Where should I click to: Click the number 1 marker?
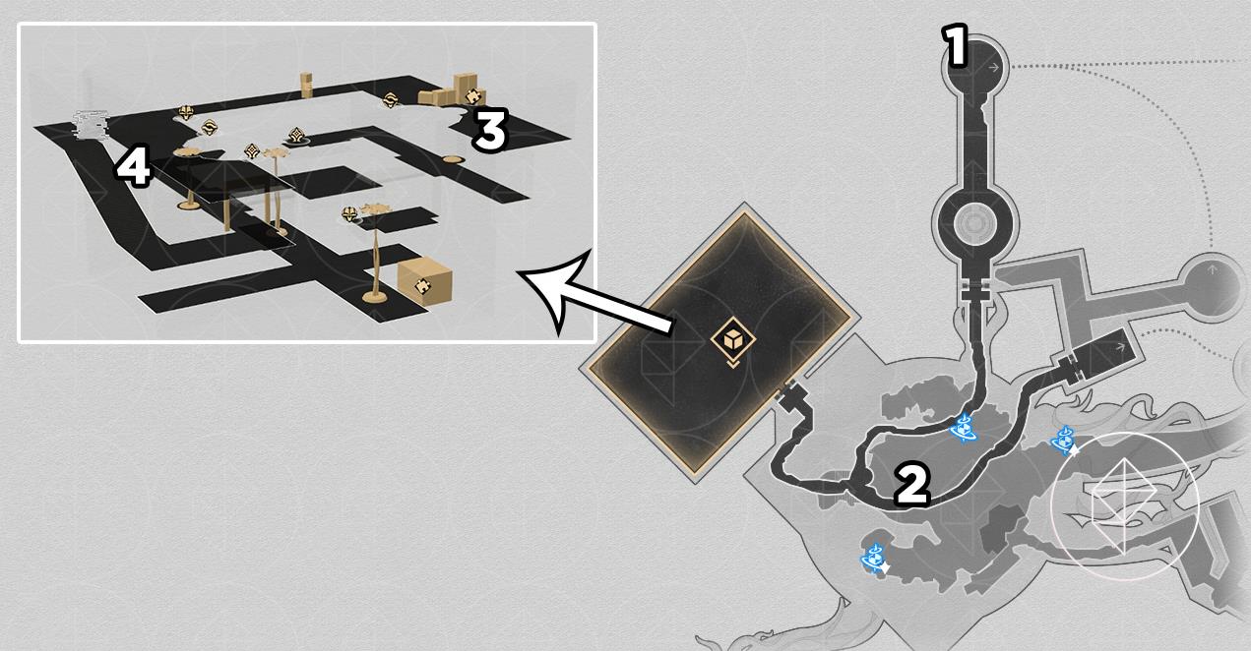956,46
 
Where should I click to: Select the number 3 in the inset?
490,130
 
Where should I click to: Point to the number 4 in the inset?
133,165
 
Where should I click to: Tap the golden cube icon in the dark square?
733,338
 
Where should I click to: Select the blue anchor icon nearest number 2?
964,428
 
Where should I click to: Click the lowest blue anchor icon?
874,558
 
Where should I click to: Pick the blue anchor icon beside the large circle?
1064,441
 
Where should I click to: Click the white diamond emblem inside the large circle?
1124,505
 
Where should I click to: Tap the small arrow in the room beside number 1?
993,68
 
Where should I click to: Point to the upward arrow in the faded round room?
1212,270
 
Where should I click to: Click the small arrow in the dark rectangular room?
1120,347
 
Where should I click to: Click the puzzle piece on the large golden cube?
422,285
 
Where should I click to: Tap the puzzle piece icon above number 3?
473,96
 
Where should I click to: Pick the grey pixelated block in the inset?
91,124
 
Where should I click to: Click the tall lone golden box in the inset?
306,85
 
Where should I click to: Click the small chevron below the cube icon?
733,364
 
